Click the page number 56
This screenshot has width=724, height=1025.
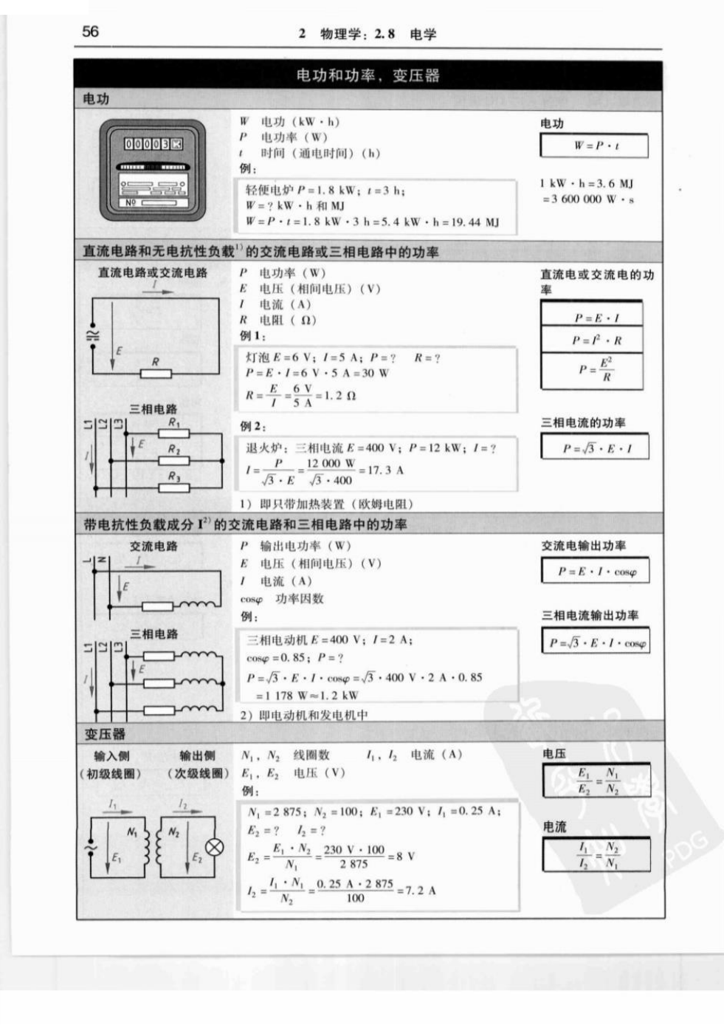[x=90, y=32]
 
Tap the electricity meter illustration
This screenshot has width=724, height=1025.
[x=153, y=170]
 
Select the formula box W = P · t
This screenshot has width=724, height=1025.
[x=594, y=145]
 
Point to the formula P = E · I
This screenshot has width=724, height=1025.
[x=592, y=318]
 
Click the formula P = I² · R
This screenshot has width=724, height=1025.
[x=592, y=340]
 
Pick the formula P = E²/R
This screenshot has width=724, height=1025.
[x=592, y=370]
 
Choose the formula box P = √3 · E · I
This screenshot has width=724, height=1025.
[x=595, y=447]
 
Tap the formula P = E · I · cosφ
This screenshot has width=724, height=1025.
[x=595, y=571]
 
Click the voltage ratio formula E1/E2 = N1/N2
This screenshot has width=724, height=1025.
[x=596, y=781]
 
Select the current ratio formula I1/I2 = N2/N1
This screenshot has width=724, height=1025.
[x=596, y=854]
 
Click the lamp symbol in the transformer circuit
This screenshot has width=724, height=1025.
[x=214, y=847]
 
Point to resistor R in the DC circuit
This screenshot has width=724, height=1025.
[x=156, y=374]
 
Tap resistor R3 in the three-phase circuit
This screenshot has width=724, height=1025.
[x=174, y=487]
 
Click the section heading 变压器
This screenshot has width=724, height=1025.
[x=105, y=734]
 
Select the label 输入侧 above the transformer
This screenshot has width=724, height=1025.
[x=111, y=755]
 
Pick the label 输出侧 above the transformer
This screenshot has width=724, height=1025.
[x=197, y=755]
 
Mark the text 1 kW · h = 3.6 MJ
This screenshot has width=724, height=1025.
[x=586, y=183]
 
